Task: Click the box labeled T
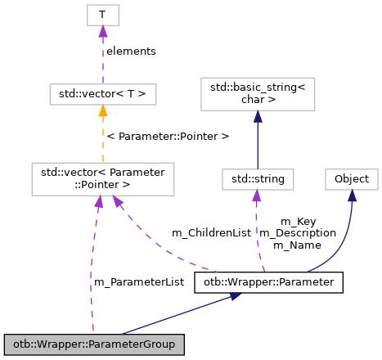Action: (102, 14)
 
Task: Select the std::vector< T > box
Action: (102, 95)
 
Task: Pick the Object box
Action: (351, 178)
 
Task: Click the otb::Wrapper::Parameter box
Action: (268, 283)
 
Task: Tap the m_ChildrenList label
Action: (211, 233)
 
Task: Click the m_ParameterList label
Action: (139, 282)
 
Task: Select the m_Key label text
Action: (299, 222)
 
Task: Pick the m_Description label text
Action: (298, 233)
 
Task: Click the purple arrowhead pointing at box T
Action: (102, 32)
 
